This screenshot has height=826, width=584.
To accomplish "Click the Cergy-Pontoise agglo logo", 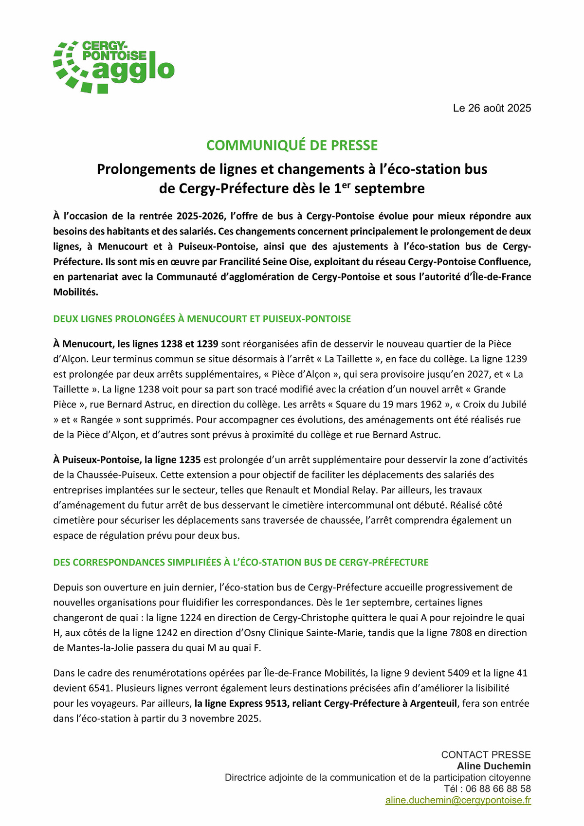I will point(113,67).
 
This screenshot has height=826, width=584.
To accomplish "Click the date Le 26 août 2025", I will point(492,108).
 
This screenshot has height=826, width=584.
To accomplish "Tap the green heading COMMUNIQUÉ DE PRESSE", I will point(292,146).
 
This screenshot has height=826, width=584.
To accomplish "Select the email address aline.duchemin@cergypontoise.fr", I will point(458,800).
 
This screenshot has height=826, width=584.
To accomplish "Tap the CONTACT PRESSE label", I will point(486,754).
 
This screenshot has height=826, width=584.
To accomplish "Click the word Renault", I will point(283,490).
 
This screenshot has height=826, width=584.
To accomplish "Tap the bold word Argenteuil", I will point(433,703).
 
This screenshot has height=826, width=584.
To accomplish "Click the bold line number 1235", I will point(190,459).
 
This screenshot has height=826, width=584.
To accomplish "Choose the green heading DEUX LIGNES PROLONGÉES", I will point(202,319).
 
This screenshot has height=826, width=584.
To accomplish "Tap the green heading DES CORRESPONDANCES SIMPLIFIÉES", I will point(241,562).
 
